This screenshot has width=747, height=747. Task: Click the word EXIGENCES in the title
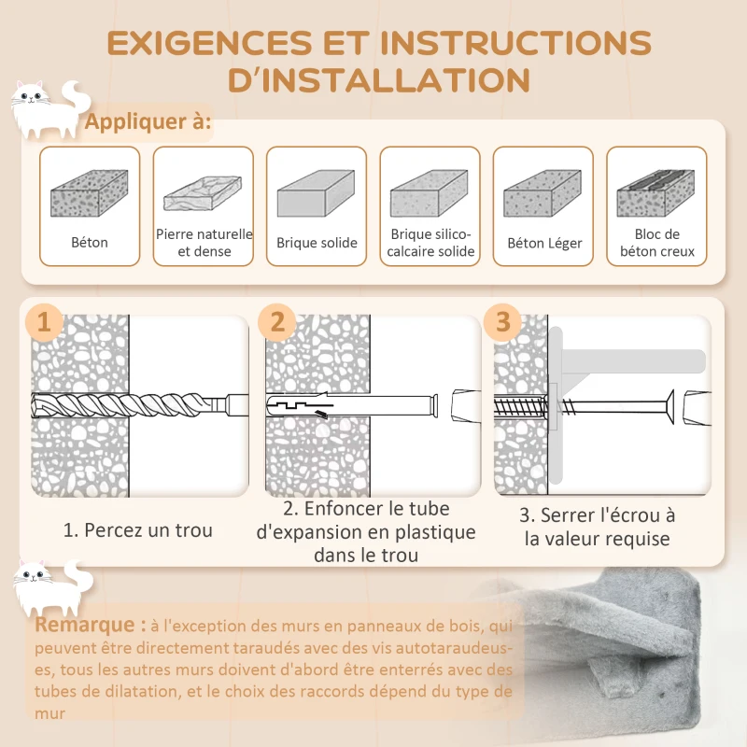coord(209,43)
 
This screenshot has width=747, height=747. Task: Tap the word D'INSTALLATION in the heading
coord(379,79)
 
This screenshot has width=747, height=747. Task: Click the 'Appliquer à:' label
coord(148,121)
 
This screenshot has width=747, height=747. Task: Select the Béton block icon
coord(90,193)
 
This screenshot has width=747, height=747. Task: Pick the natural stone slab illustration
coord(203,193)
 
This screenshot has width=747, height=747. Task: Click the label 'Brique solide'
coord(317,243)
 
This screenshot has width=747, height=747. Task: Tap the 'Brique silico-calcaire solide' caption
coord(430,243)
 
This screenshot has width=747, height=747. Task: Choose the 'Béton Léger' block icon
coord(543,193)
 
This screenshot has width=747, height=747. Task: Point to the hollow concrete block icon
coord(655,193)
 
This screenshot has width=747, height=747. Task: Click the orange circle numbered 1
coord(44,322)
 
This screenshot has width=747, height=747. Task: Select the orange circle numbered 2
coord(277,322)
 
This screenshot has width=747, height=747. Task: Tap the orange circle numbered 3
coord(502,322)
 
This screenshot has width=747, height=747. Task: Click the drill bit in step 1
coord(139,405)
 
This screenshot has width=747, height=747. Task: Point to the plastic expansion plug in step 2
coord(352,405)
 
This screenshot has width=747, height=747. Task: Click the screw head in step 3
coord(669,406)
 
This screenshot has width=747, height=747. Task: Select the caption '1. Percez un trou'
coord(137,530)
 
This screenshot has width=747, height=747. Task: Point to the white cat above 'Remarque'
coord(53,587)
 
